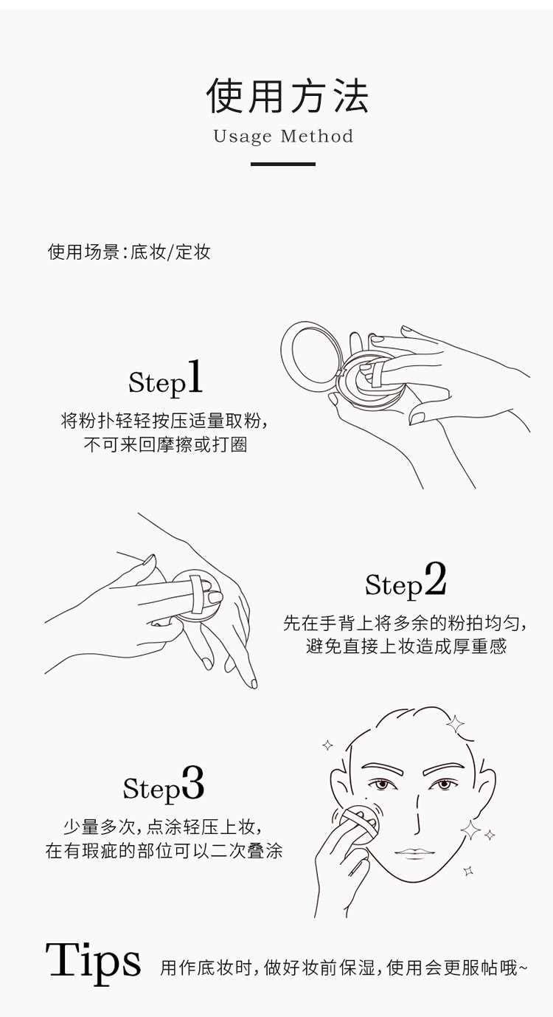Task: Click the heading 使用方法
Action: click(x=288, y=95)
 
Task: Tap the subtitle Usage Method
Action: click(x=283, y=137)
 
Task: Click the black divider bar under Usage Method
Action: click(x=283, y=164)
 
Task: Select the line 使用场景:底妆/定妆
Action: click(x=129, y=252)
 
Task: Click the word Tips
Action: click(x=93, y=965)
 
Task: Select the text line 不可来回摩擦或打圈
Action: click(x=166, y=445)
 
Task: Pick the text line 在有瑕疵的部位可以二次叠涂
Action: click(x=164, y=850)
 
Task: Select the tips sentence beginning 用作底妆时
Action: click(x=344, y=968)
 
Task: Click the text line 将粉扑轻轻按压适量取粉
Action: click(x=164, y=421)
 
